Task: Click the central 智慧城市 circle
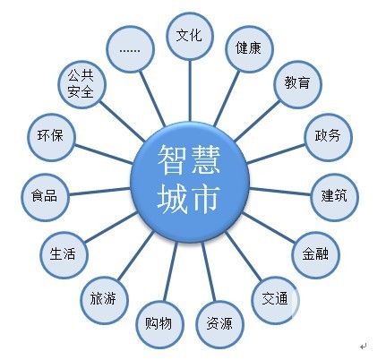tap(190, 182)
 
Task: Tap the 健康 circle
tap(249, 49)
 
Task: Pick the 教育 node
tap(297, 84)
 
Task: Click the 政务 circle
tap(328, 137)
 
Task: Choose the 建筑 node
tap(334, 197)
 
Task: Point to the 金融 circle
tap(315, 255)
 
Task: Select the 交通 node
tap(275, 300)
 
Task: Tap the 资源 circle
tap(220, 325)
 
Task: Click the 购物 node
tap(159, 325)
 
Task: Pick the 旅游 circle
tap(104, 300)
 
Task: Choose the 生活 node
tap(64, 255)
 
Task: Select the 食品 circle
tap(45, 197)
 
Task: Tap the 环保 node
tap(51, 137)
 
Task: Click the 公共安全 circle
tap(81, 84)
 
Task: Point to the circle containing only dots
tap(130, 49)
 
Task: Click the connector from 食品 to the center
tap(99, 192)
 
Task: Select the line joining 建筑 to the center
tap(279, 192)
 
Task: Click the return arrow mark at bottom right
tap(364, 347)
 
